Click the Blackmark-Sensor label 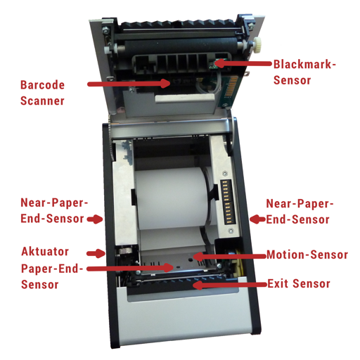304,72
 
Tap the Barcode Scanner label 42,93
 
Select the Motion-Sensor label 307,255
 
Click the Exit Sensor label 299,283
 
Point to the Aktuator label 45,252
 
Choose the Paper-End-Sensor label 52,276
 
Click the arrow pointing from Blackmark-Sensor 242,63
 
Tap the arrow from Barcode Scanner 129,84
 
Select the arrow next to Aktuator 96,253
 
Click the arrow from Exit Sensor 230,285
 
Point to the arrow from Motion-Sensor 230,257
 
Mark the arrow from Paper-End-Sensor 130,268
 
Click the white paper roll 172,198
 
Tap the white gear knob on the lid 257,43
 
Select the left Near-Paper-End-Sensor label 54,210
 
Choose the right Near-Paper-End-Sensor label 300,212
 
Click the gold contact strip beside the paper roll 226,202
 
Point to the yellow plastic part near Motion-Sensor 239,262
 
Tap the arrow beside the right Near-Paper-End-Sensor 257,219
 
